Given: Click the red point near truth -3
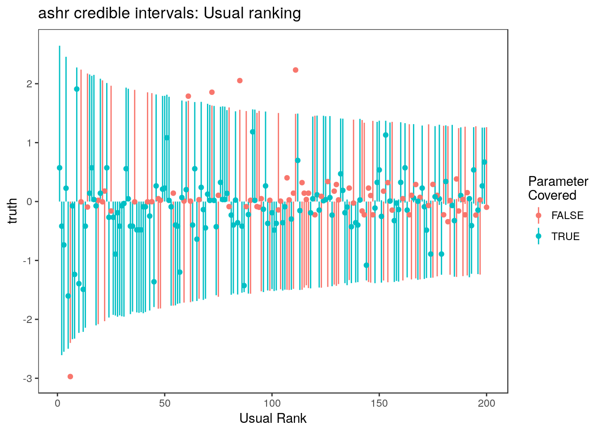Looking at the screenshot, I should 70,376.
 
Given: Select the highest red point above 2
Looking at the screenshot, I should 296,70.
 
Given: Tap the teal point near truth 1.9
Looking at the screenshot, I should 77,89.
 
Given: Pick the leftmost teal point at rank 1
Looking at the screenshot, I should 60,168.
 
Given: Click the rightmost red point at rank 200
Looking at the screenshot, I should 486,207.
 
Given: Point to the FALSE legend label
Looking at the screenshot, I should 568,215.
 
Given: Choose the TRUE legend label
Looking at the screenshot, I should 565,236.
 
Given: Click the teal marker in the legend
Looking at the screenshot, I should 538,236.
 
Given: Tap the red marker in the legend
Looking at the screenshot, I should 538,215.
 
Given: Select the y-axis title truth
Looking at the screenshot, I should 13,211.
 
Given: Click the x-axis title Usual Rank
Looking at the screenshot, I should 273,418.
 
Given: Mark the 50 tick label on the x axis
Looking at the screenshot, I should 164,404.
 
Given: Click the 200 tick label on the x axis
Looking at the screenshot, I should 486,404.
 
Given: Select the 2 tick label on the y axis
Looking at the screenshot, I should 30,84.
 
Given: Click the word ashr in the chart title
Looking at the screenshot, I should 53,14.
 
